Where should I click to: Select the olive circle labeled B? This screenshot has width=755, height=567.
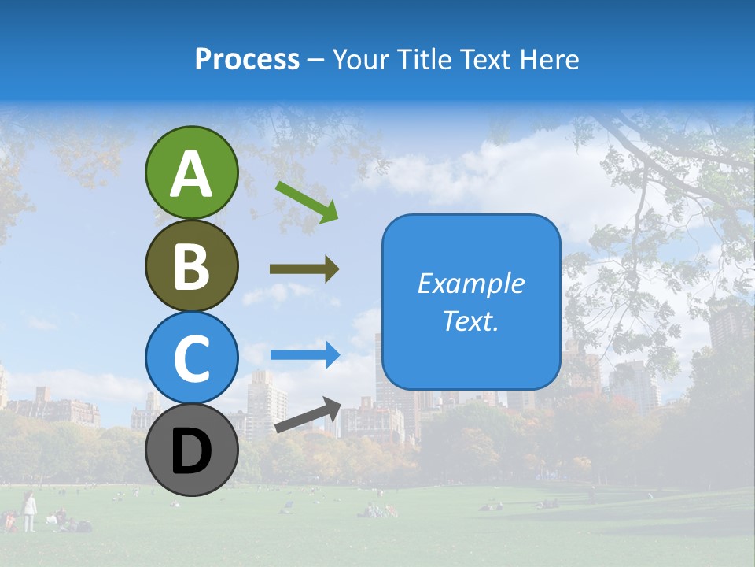[x=191, y=265]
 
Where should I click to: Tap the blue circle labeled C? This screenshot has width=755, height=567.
[x=191, y=358]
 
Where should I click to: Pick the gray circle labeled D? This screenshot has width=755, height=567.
[x=191, y=450]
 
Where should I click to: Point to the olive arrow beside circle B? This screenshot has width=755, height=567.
[x=304, y=269]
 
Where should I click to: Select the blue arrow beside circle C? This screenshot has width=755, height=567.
[x=305, y=354]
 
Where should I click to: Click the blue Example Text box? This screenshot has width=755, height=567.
[x=471, y=302]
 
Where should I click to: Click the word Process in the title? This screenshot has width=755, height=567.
[x=247, y=59]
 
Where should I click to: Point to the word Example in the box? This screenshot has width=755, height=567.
[x=471, y=283]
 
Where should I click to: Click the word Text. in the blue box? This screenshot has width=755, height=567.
[x=471, y=321]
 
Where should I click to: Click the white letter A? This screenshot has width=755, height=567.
[x=191, y=174]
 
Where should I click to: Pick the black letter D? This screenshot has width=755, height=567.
[x=191, y=452]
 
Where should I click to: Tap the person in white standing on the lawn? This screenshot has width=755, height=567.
[x=29, y=510]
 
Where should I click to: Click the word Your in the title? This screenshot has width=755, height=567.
[x=362, y=59]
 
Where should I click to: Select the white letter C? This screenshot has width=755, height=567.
[x=191, y=359]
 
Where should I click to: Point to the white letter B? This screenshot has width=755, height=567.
[x=191, y=266]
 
